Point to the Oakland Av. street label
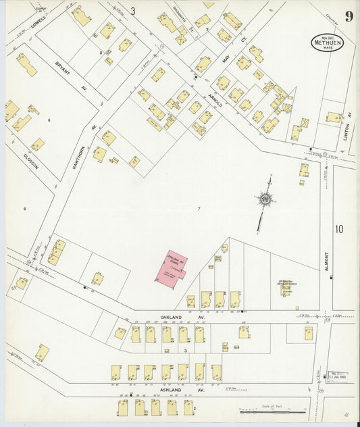(x=192, y=316)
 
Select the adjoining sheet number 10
(x=338, y=229)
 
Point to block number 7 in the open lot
(x=199, y=208)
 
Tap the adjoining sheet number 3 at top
(x=133, y=11)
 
